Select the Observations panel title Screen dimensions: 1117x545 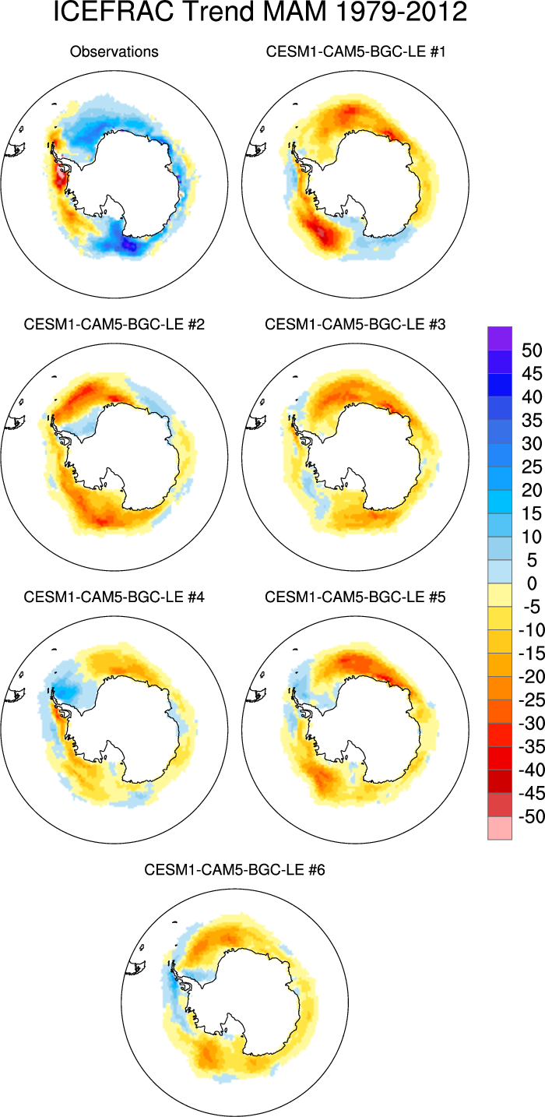(x=114, y=52)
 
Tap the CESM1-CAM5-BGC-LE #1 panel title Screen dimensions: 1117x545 (x=356, y=52)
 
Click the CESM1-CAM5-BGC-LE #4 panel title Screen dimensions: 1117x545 (x=114, y=576)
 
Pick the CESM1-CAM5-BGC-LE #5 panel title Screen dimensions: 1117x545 (x=356, y=576)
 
